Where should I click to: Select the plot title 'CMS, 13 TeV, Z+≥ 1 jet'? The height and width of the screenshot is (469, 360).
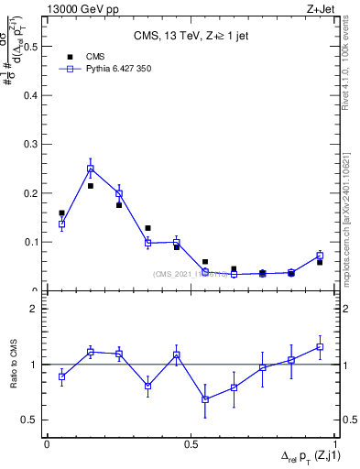tap(191, 37)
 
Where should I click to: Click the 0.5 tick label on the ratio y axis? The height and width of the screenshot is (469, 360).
tap(31, 420)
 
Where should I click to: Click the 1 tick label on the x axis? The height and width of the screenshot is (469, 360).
tap(336, 443)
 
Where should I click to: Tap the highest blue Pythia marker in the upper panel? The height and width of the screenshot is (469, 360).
tap(91, 169)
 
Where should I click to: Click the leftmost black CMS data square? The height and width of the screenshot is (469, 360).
tap(61, 213)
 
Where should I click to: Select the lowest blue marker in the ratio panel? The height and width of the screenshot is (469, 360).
tap(205, 399)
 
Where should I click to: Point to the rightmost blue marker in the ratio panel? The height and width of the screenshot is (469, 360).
tap(320, 347)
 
